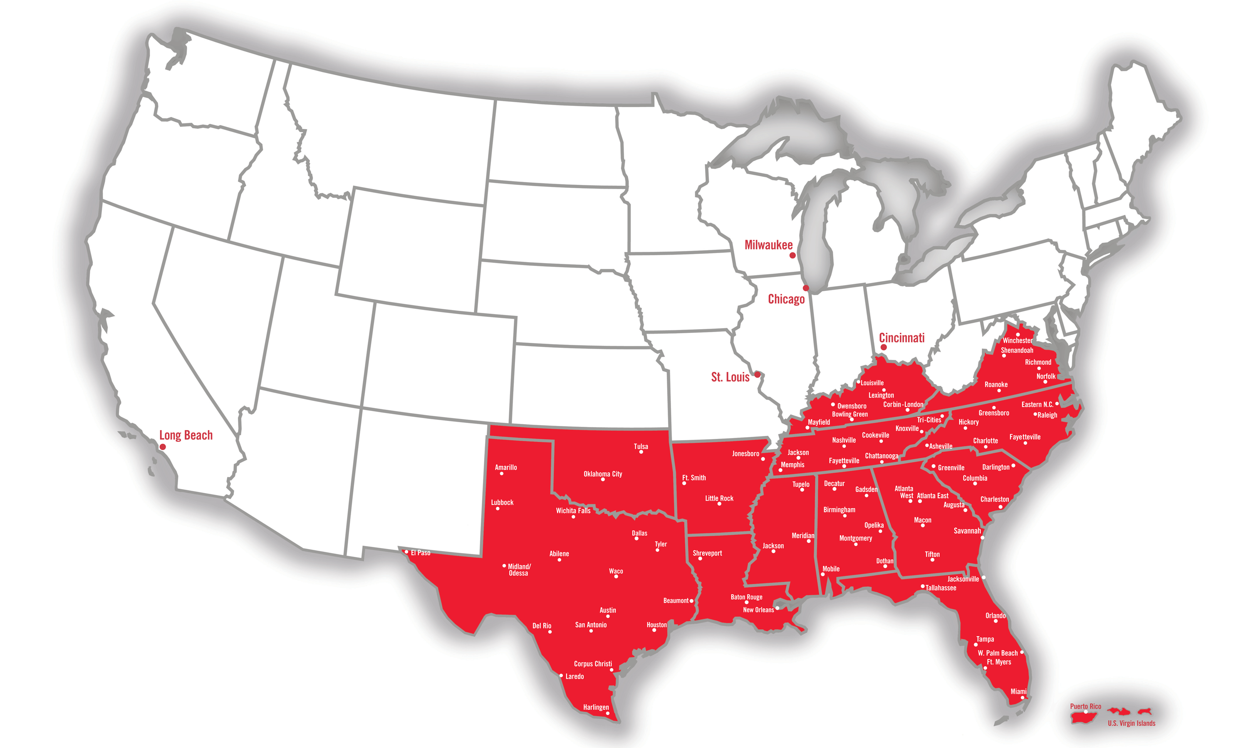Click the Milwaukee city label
[768, 245]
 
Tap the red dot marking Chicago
[806, 288]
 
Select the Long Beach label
[186, 435]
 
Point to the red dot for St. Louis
[757, 374]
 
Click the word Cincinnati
[901, 338]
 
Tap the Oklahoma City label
[602, 474]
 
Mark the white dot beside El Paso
[406, 552]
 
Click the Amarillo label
[505, 467]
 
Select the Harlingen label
[596, 707]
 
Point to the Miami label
[1018, 691]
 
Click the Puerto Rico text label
[1086, 706]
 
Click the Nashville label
[843, 440]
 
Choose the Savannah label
[967, 531]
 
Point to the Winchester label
[1017, 341]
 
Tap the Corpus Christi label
[593, 664]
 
